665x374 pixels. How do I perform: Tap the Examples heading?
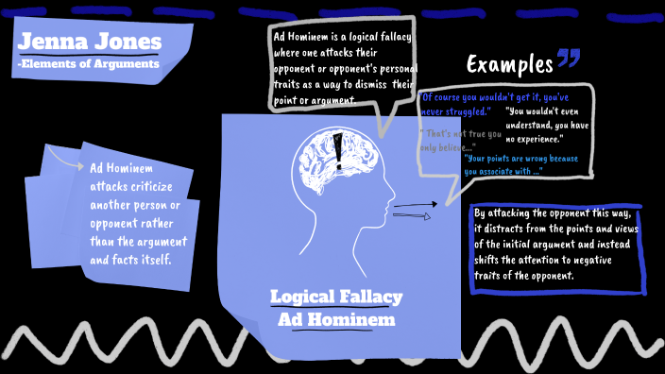click(x=509, y=65)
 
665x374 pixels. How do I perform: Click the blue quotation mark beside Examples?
click(x=569, y=61)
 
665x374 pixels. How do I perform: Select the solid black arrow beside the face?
click(x=416, y=203)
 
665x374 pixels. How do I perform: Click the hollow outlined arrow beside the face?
click(x=412, y=216)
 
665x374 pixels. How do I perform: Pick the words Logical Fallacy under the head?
click(x=336, y=297)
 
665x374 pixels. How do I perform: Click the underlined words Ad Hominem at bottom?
click(x=336, y=319)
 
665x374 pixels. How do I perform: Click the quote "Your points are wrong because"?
click(x=530, y=159)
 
